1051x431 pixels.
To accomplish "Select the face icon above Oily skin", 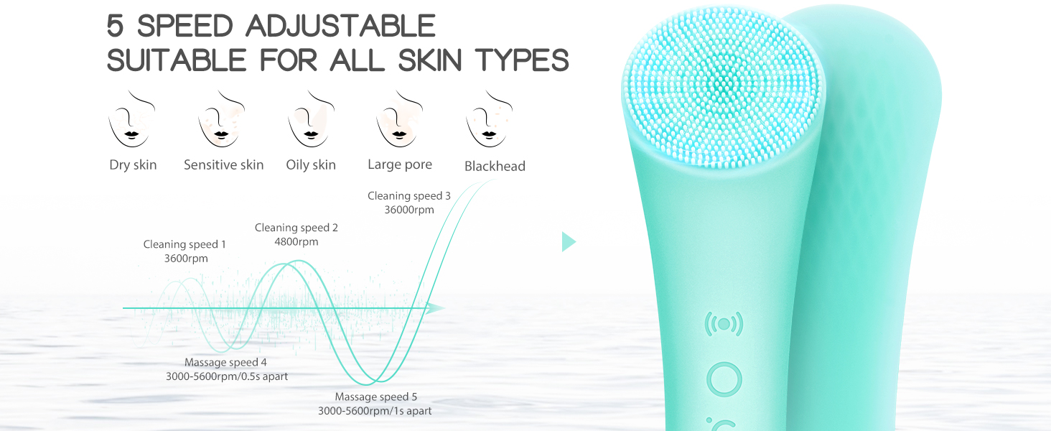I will tap(311, 119).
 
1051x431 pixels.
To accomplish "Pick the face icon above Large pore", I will tap(400, 119).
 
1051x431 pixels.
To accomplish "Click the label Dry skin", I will tap(133, 165).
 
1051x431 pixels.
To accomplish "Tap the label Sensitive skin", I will tap(223, 165).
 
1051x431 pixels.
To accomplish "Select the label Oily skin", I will tap(311, 165).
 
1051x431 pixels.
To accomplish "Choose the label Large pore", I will tap(400, 164).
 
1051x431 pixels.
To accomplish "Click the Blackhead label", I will tap(495, 167).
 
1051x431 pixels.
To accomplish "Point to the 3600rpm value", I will tap(186, 258).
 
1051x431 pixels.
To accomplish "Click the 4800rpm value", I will tap(296, 241).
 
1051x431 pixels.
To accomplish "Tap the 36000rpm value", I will tap(409, 210).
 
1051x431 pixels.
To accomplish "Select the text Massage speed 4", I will tap(225, 363).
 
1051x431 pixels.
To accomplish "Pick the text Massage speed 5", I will tap(376, 397).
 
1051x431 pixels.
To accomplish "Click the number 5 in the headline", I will tap(115, 26).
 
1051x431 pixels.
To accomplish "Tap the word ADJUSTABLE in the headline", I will tap(340, 26).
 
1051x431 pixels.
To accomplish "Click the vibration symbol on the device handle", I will tap(724, 325).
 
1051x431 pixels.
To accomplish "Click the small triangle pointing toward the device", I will tap(568, 242).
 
